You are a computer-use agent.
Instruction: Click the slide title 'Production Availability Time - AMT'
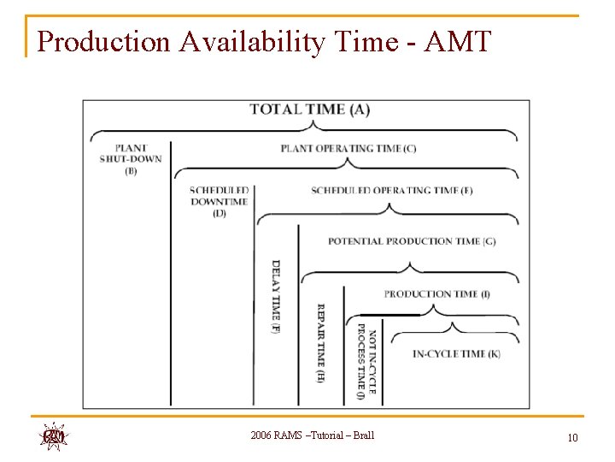264,41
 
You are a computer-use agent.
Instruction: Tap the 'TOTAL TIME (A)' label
309,110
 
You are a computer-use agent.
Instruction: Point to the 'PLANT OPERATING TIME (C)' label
348,148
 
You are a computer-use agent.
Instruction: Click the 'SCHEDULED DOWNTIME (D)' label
220,202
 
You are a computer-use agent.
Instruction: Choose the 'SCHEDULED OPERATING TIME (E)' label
391,190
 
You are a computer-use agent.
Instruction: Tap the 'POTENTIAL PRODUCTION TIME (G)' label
412,241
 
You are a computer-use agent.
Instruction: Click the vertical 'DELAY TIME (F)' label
275,295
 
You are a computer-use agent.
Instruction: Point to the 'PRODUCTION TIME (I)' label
436,293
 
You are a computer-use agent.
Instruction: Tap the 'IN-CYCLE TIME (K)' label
456,353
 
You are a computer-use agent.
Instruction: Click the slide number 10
572,438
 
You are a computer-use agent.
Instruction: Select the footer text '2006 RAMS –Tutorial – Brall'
313,436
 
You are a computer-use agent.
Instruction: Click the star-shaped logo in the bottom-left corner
54,436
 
